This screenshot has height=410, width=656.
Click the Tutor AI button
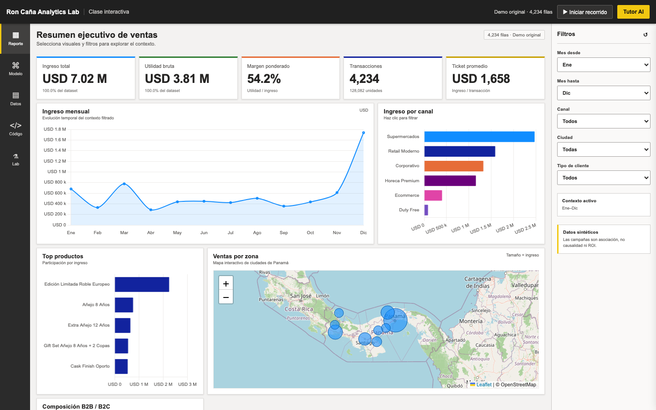point(633,12)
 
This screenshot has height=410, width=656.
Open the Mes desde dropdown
point(604,65)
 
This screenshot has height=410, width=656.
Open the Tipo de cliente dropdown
point(604,178)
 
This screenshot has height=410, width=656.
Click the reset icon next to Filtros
point(645,35)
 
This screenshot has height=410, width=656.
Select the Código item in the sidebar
point(15,129)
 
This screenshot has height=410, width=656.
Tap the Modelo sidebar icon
point(15,65)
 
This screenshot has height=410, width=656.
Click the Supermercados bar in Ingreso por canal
point(479,137)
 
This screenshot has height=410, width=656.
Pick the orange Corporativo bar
point(454,166)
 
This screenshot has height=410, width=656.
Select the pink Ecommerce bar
point(433,195)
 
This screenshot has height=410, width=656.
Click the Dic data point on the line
point(364,133)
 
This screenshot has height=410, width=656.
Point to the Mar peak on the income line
point(124,184)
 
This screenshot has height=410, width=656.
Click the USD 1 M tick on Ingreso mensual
point(56,172)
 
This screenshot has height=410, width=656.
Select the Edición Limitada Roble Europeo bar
point(142,284)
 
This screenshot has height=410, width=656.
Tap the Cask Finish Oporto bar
point(121,366)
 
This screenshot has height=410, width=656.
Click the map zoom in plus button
point(226,283)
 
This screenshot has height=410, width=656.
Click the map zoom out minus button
point(226,297)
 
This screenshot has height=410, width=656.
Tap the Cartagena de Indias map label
point(477,282)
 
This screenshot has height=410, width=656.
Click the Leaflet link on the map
point(484,384)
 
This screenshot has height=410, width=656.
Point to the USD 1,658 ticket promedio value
point(481,79)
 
